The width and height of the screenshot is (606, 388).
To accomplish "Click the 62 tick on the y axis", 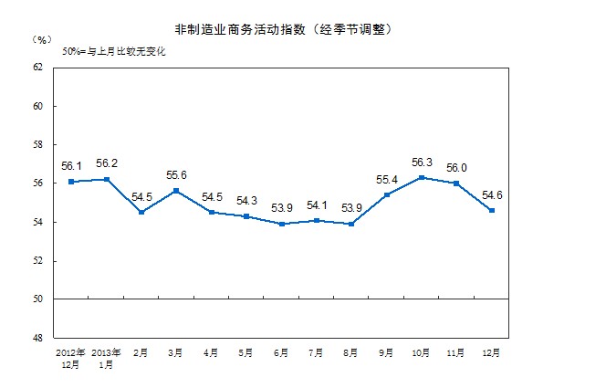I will point(37,68).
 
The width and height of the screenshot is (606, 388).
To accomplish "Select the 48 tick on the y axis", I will point(37,338).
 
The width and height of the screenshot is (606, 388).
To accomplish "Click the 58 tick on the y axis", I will point(37,145).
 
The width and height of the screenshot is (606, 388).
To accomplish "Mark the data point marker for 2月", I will point(141,212).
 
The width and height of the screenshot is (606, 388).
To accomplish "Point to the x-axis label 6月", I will point(281,351).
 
